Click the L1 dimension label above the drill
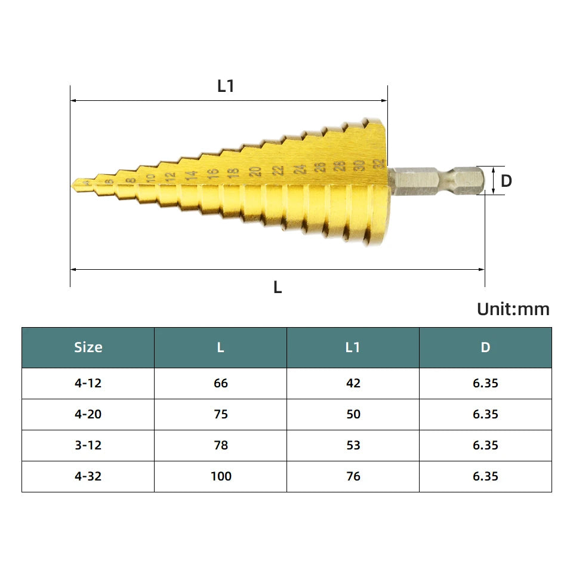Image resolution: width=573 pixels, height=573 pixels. pos(226,86)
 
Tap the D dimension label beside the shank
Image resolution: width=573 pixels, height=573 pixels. pos(506,181)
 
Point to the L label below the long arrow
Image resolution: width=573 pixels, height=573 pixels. pos(278,287)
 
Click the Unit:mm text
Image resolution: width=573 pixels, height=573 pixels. pos(513,309)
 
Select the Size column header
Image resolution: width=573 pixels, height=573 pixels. pos(88,347)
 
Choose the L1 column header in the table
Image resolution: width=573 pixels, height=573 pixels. pos(353,347)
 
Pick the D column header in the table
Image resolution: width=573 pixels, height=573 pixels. pos(485,347)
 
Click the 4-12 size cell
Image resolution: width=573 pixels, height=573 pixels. pos(88,383)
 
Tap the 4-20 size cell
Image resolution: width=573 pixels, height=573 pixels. pos(88,414)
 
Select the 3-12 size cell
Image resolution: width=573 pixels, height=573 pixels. pos(88,445)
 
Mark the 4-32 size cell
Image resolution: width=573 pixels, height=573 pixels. pos(88,476)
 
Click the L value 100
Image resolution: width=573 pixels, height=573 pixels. pos(221,476)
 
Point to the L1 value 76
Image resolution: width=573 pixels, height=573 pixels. pos(353,476)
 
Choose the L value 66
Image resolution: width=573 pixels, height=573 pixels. pos(221,383)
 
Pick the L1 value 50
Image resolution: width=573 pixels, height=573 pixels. pos(353,414)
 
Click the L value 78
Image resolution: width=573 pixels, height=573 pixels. pos(221,445)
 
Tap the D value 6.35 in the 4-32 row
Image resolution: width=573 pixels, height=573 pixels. pos(485,476)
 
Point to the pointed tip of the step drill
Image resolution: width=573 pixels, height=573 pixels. pos(74,184)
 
